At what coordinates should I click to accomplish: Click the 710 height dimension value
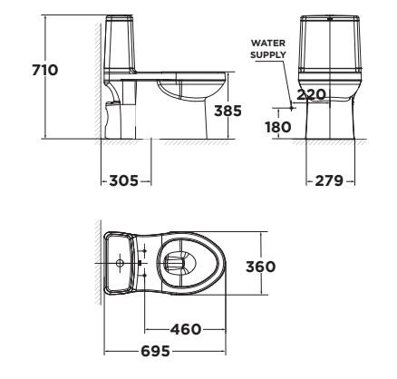tap(44, 70)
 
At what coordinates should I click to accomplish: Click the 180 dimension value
tap(277, 127)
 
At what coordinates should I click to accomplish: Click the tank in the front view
tap(332, 50)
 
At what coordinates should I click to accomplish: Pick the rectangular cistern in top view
tap(121, 264)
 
